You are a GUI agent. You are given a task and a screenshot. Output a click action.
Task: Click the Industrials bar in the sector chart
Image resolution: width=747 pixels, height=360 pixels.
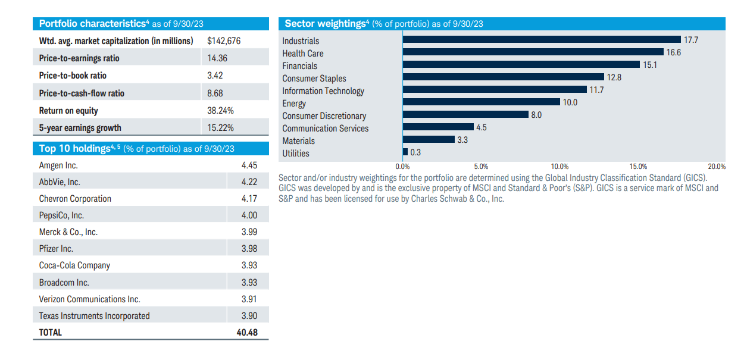(542, 39)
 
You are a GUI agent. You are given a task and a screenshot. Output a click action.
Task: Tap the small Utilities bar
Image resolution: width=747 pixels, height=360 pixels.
(405, 152)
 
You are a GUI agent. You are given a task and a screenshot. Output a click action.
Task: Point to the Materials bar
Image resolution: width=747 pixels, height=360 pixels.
(429, 139)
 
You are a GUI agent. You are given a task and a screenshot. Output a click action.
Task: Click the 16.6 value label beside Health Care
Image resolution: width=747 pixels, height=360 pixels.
(674, 52)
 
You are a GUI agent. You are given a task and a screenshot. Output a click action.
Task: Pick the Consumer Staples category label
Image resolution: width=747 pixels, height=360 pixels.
(314, 79)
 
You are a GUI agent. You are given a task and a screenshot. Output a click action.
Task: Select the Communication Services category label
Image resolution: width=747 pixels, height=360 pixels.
(325, 129)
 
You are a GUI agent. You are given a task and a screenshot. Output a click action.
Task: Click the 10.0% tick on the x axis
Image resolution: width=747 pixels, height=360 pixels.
(560, 167)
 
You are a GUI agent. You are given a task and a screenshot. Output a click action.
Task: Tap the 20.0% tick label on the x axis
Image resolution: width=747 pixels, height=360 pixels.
(717, 167)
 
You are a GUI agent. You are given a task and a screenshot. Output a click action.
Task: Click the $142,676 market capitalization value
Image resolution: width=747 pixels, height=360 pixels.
(224, 41)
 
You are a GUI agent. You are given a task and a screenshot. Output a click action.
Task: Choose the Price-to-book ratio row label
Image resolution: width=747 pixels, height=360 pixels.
(73, 76)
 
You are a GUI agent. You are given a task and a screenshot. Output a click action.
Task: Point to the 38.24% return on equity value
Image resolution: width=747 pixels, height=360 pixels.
(220, 111)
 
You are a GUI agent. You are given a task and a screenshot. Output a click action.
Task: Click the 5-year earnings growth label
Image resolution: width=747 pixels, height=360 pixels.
(80, 128)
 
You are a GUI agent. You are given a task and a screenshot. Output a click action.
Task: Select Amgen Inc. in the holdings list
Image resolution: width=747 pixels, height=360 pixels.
(58, 165)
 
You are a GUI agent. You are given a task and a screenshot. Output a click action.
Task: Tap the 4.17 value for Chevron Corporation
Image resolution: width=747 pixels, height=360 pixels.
(249, 199)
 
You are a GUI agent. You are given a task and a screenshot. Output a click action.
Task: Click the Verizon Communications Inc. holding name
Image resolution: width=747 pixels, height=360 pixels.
(89, 299)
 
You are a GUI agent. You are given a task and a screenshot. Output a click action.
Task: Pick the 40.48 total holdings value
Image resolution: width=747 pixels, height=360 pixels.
(247, 333)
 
